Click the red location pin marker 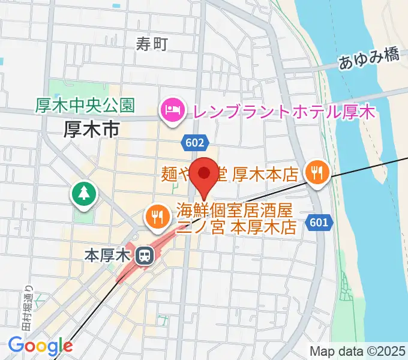[x=204, y=175]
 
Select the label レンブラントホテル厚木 [x=282, y=112]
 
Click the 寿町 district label [x=151, y=43]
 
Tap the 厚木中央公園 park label [x=83, y=106]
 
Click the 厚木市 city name [x=92, y=129]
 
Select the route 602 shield [x=194, y=142]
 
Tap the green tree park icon [x=84, y=193]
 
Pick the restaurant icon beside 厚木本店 [x=315, y=174]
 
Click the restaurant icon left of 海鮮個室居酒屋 [x=157, y=217]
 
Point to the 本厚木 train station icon [x=144, y=256]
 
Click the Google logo [x=40, y=346]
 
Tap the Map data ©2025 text [x=358, y=351]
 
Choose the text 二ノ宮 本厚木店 [x=237, y=228]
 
